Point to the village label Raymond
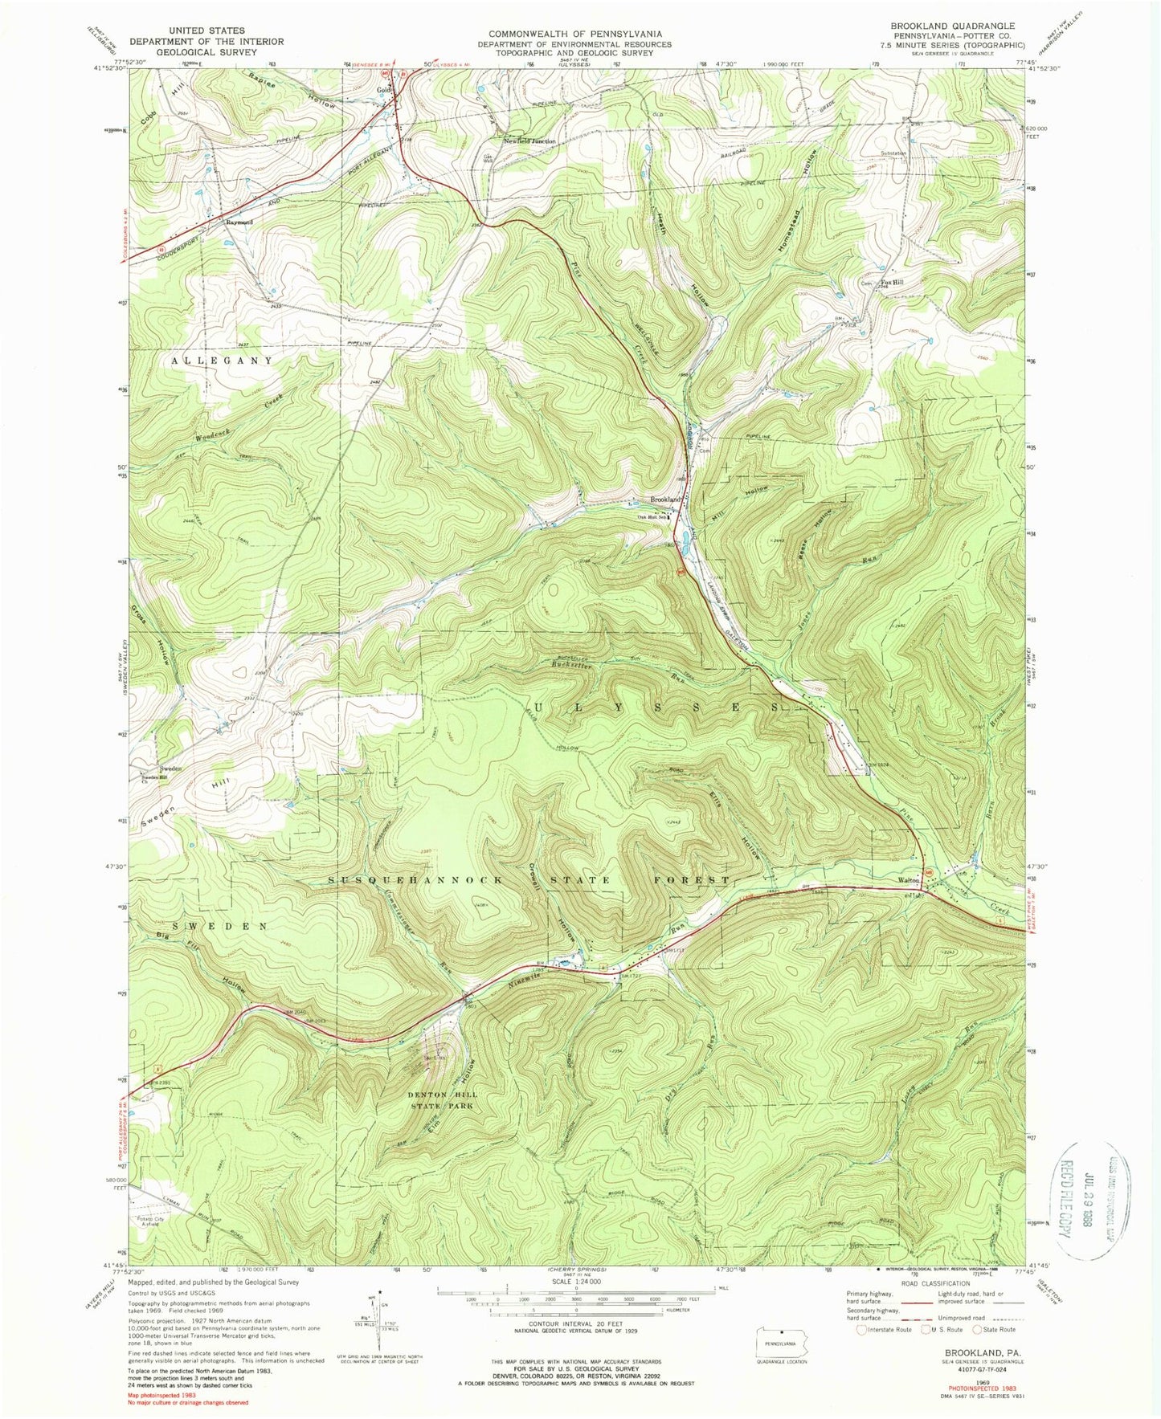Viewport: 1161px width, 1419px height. point(239,222)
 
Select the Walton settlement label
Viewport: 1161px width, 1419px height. point(909,880)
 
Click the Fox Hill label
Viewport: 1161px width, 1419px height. point(892,283)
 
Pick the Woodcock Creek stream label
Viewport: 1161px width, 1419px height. point(233,421)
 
